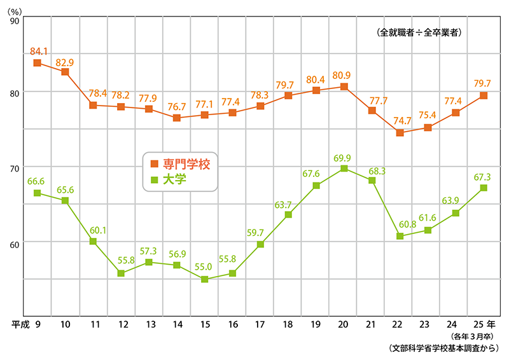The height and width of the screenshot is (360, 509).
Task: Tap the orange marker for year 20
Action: click(344, 87)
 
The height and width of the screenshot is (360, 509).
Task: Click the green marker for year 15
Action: click(205, 279)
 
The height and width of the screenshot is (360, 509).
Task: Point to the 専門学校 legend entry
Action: click(181, 164)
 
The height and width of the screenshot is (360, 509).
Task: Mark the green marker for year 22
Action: click(400, 236)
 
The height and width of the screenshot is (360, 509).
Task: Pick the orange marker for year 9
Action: click(38, 63)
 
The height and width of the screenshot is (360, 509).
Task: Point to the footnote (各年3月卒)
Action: click(472, 336)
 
